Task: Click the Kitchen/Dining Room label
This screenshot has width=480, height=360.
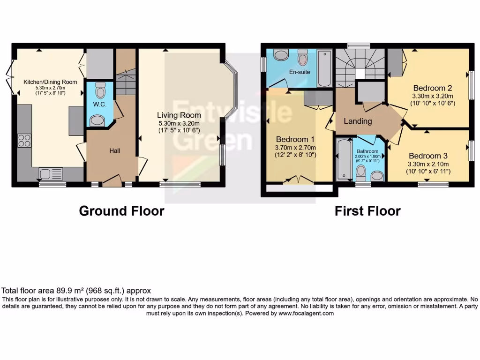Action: pyautogui.click(x=51, y=82)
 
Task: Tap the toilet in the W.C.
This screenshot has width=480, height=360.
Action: pyautogui.click(x=100, y=89)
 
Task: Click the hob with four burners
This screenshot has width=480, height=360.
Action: pyautogui.click(x=24, y=141)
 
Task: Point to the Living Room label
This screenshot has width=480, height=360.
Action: pyautogui.click(x=179, y=115)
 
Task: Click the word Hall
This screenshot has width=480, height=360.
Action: pyautogui.click(x=114, y=150)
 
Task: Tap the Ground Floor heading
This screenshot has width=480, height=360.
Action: pyautogui.click(x=121, y=211)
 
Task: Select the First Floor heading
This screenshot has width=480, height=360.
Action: pyautogui.click(x=367, y=211)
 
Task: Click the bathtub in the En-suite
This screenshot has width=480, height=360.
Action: pyautogui.click(x=324, y=69)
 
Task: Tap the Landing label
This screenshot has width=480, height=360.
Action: pyautogui.click(x=358, y=121)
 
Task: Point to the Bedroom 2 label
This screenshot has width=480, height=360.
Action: pyautogui.click(x=432, y=88)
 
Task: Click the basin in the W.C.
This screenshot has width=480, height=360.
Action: pyautogui.click(x=97, y=121)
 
